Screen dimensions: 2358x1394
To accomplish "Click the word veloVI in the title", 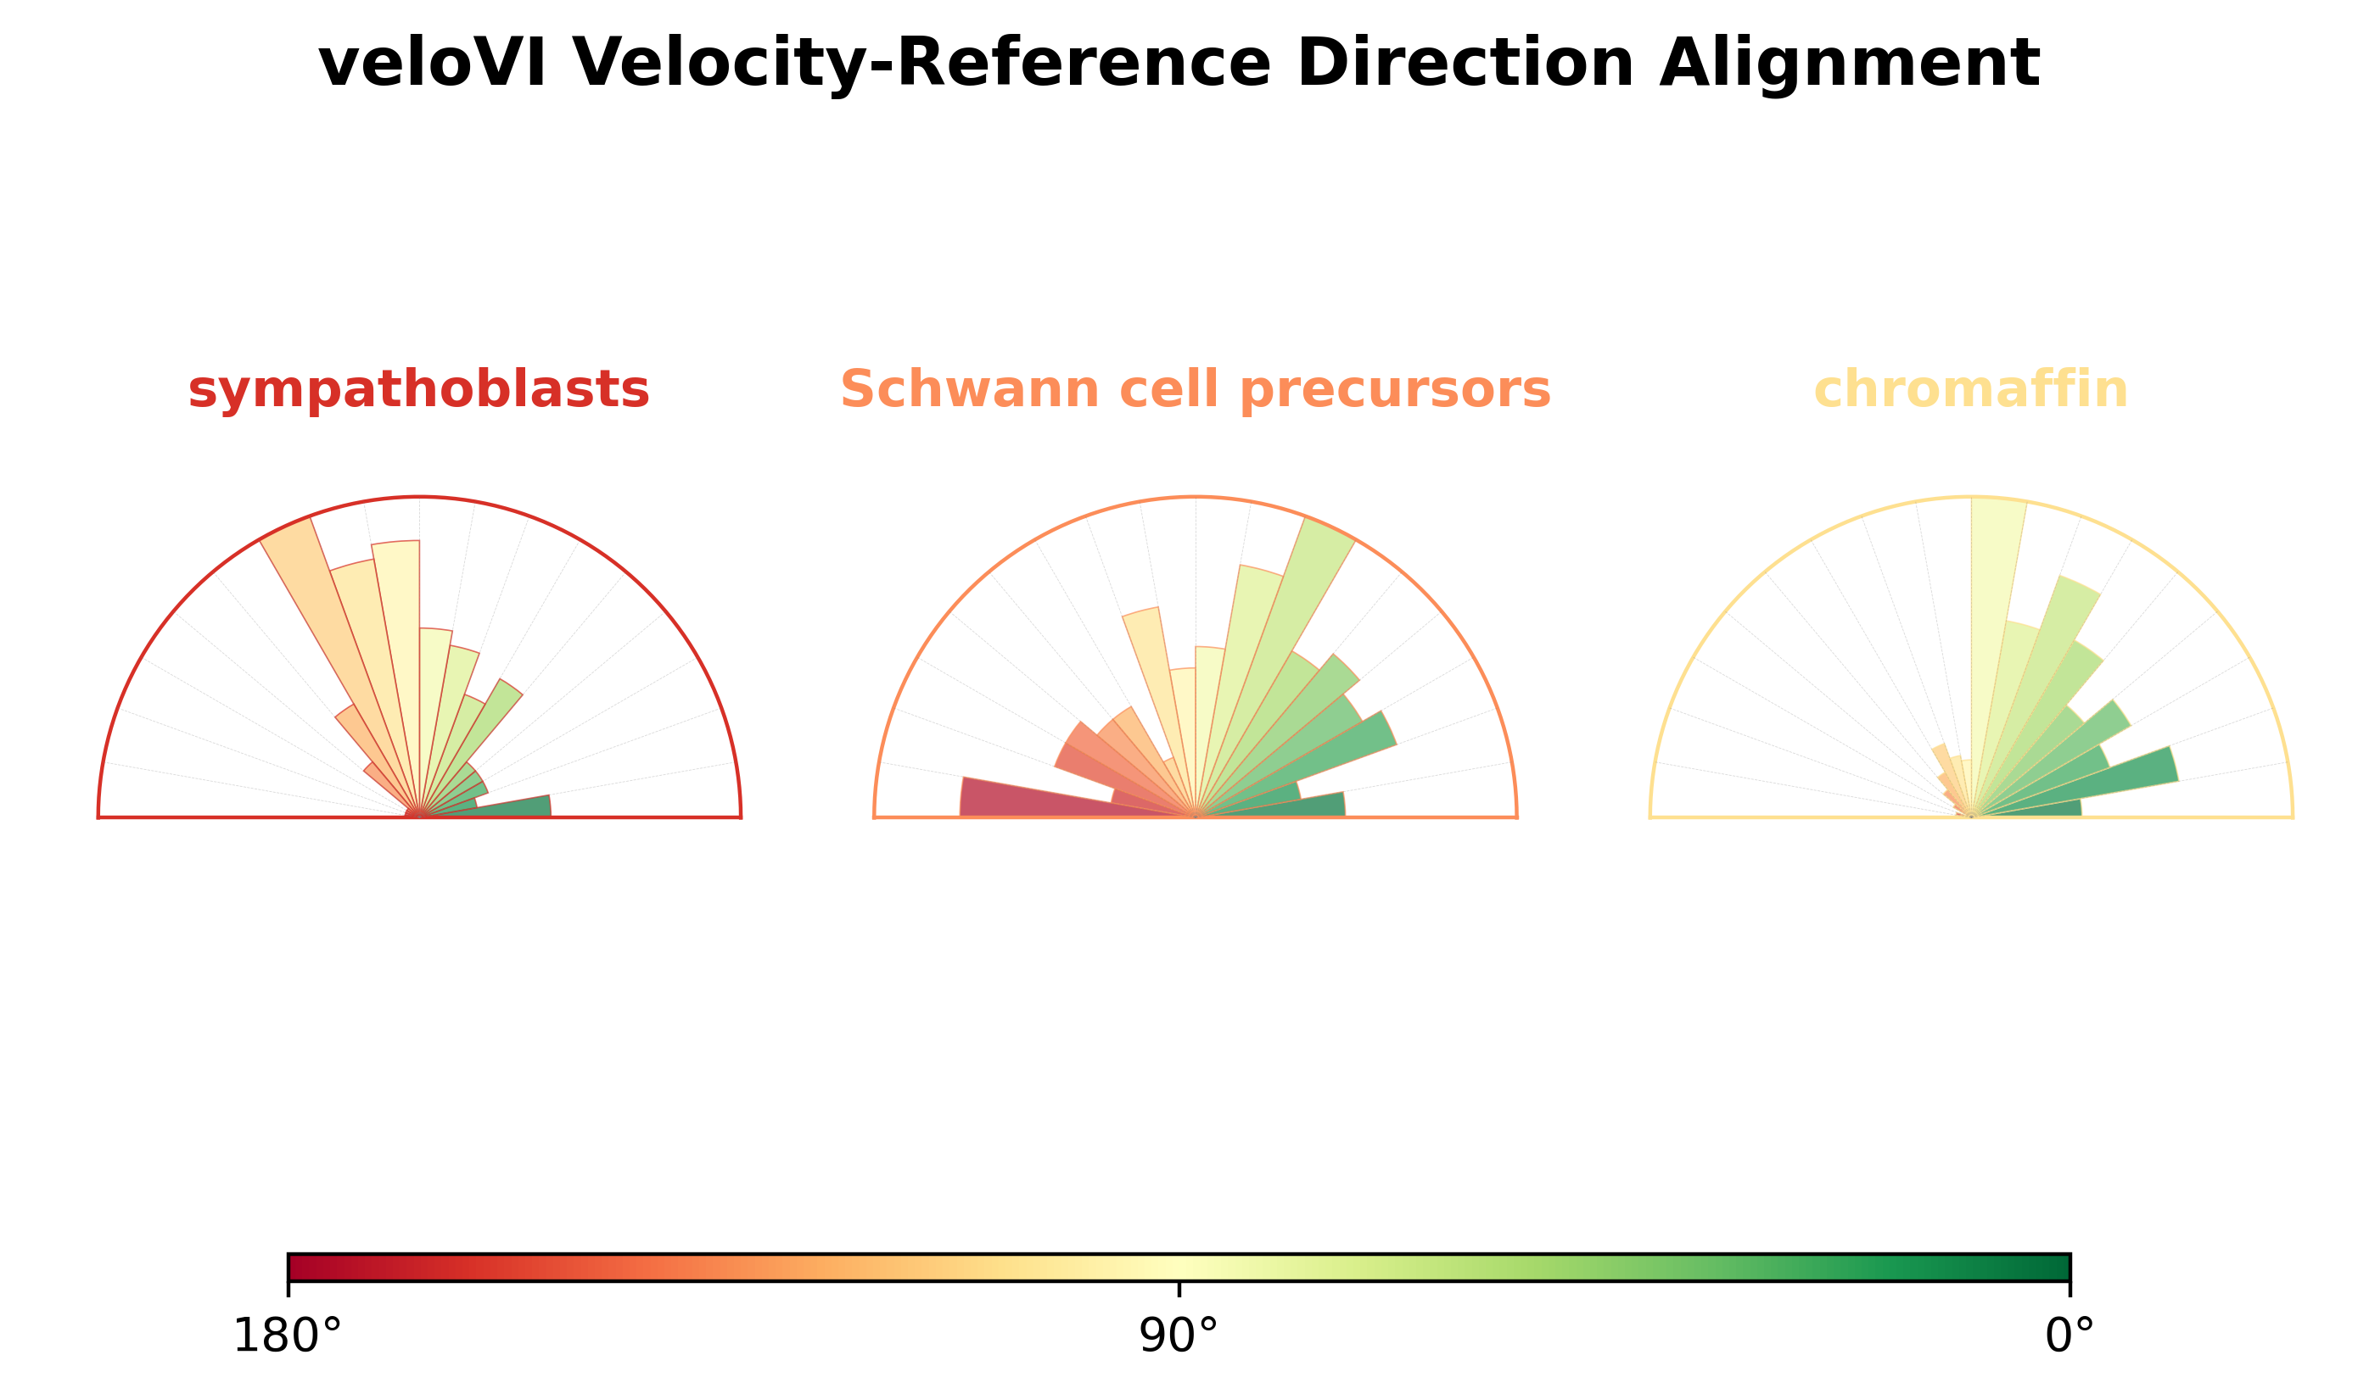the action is pos(433,63).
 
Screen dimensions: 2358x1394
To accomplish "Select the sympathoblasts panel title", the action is pos(418,390).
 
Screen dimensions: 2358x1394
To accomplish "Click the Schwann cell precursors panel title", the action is pos(1195,389).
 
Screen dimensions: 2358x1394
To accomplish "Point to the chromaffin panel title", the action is pos(1971,389).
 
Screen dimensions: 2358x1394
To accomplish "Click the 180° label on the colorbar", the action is pos(287,1335).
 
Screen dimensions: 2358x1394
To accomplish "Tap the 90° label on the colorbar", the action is pos(1179,1335).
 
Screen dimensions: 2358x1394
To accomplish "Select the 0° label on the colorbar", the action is pos(2070,1335).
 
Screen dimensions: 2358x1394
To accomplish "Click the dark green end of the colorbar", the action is pos(2058,1267).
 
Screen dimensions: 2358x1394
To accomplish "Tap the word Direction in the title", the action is pos(1465,63).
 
